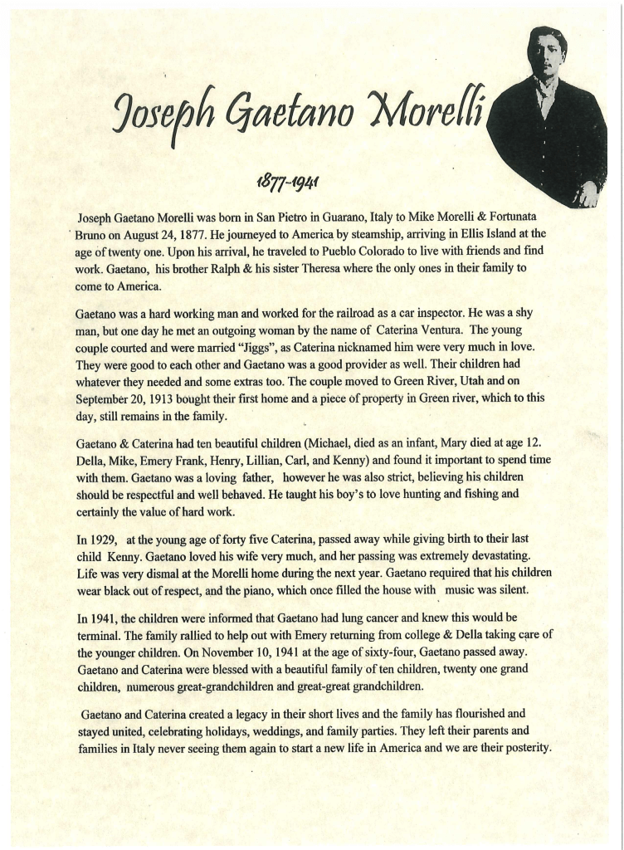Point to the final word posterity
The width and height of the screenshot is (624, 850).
click(520, 748)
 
